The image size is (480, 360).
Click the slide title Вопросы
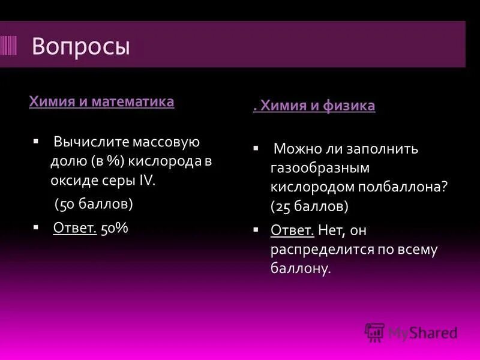tap(80, 46)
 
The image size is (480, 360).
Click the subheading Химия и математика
tap(101, 101)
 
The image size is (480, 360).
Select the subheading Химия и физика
tap(316, 106)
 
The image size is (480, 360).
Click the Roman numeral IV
tap(147, 181)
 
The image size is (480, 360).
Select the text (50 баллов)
tap(94, 204)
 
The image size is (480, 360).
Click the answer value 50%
tap(115, 228)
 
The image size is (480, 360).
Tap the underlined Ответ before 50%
tap(75, 228)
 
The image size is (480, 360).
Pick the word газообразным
tap(319, 168)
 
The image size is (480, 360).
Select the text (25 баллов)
tap(310, 206)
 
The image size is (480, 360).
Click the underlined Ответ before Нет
tap(292, 230)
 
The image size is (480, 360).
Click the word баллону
tap(300, 269)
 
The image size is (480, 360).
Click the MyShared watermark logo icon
tap(375, 332)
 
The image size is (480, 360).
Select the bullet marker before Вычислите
tap(36, 142)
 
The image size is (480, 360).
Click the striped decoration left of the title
tap(9, 46)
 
